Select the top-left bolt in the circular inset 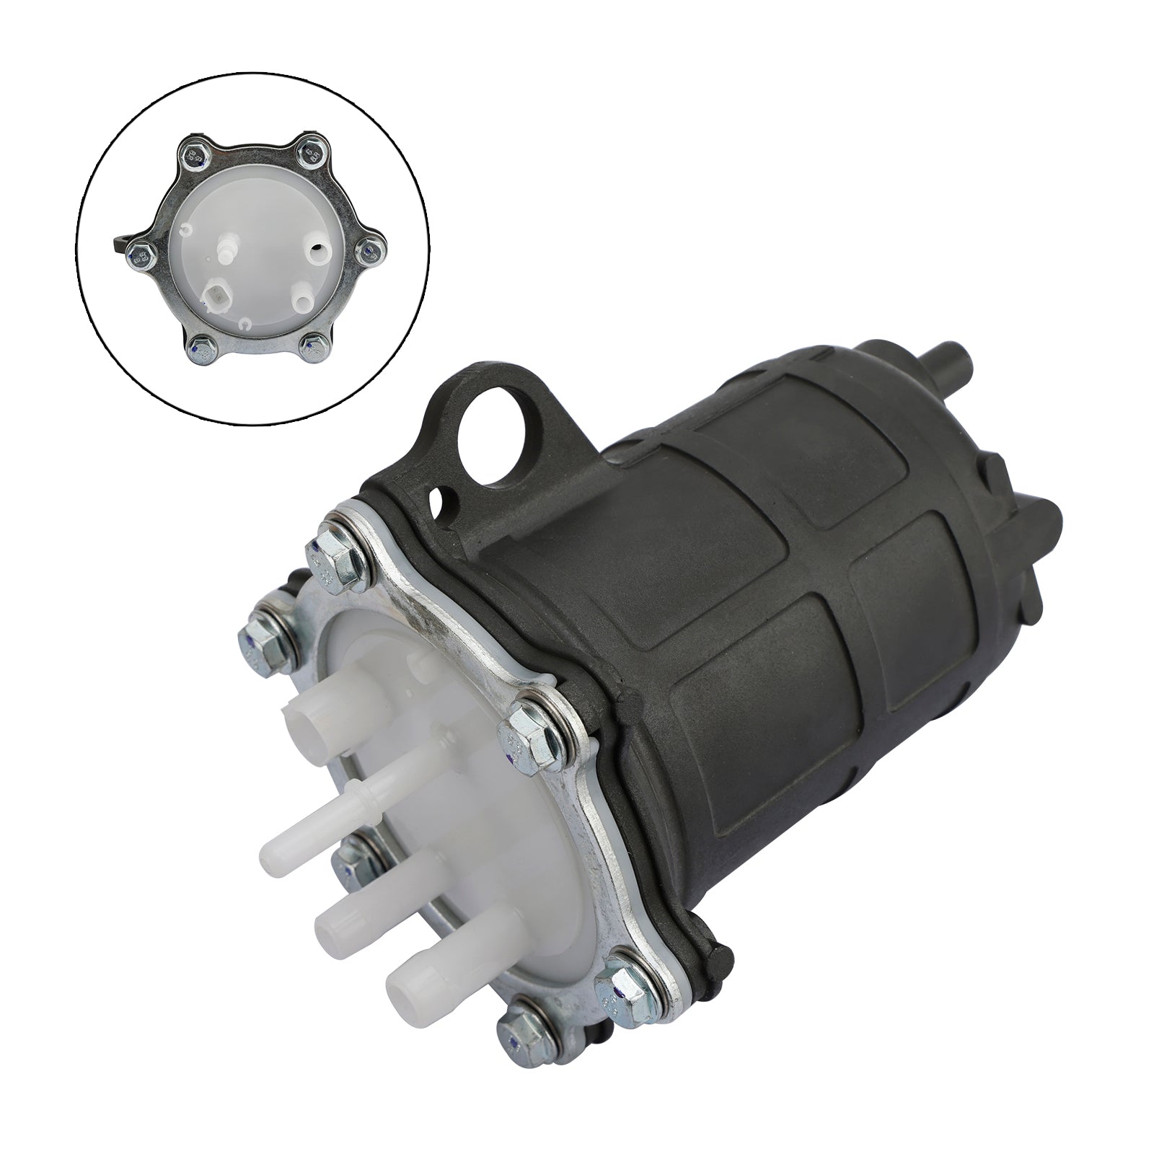[195, 154]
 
